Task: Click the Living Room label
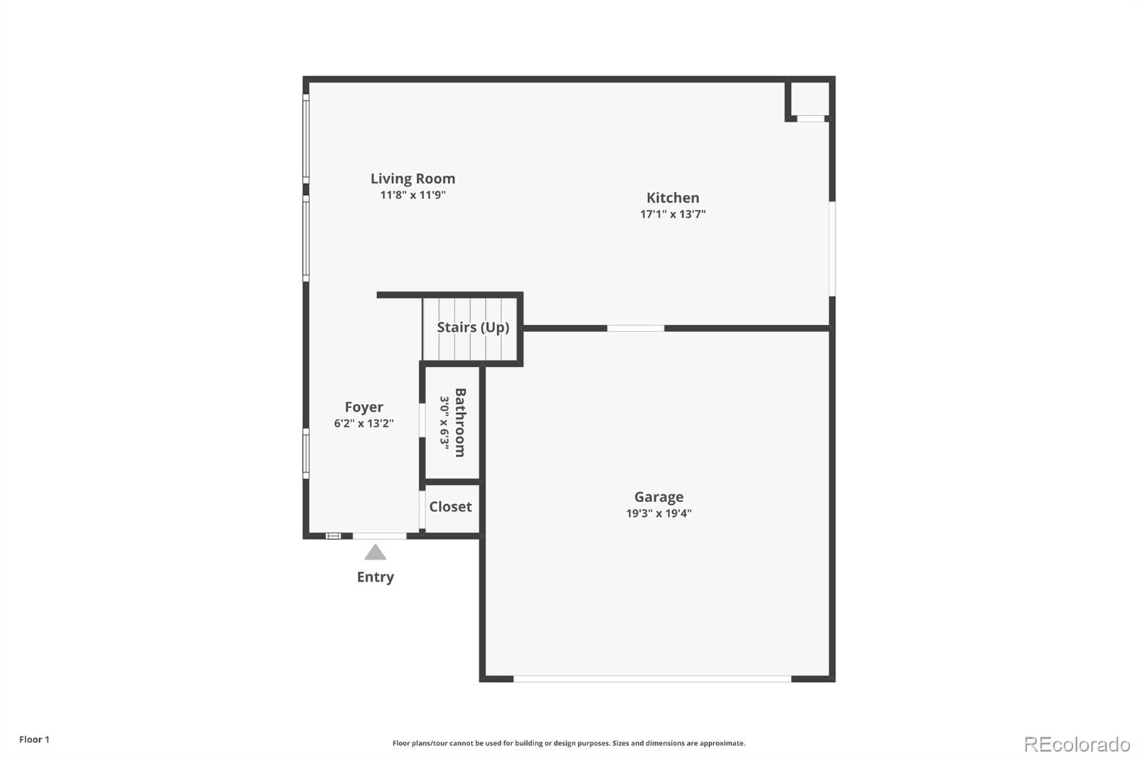point(413,178)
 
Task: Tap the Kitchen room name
point(673,198)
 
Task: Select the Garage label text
point(659,497)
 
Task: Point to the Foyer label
point(363,407)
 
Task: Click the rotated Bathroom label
point(460,422)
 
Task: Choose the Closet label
point(450,506)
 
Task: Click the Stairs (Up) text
point(473,327)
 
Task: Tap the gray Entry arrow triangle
point(376,553)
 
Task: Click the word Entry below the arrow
point(376,577)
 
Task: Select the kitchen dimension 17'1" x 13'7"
point(673,214)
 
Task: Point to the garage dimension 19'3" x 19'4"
point(659,513)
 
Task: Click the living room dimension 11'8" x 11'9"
point(413,195)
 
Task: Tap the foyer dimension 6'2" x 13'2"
point(363,423)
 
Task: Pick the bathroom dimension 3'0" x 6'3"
point(445,422)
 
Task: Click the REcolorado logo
point(1077,744)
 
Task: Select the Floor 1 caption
point(34,740)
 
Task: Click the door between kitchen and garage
point(635,328)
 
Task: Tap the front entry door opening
point(380,535)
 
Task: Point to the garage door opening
point(652,679)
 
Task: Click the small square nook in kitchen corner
point(810,100)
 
